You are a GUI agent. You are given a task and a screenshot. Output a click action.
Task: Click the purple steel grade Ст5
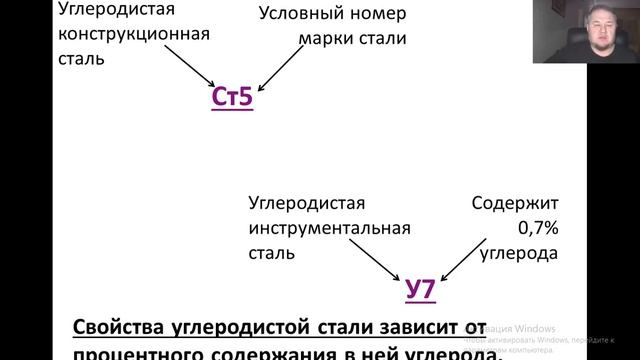click(x=232, y=97)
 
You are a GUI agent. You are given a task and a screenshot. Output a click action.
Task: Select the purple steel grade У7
click(x=420, y=289)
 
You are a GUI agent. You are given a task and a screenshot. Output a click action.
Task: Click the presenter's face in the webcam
click(x=597, y=38)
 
